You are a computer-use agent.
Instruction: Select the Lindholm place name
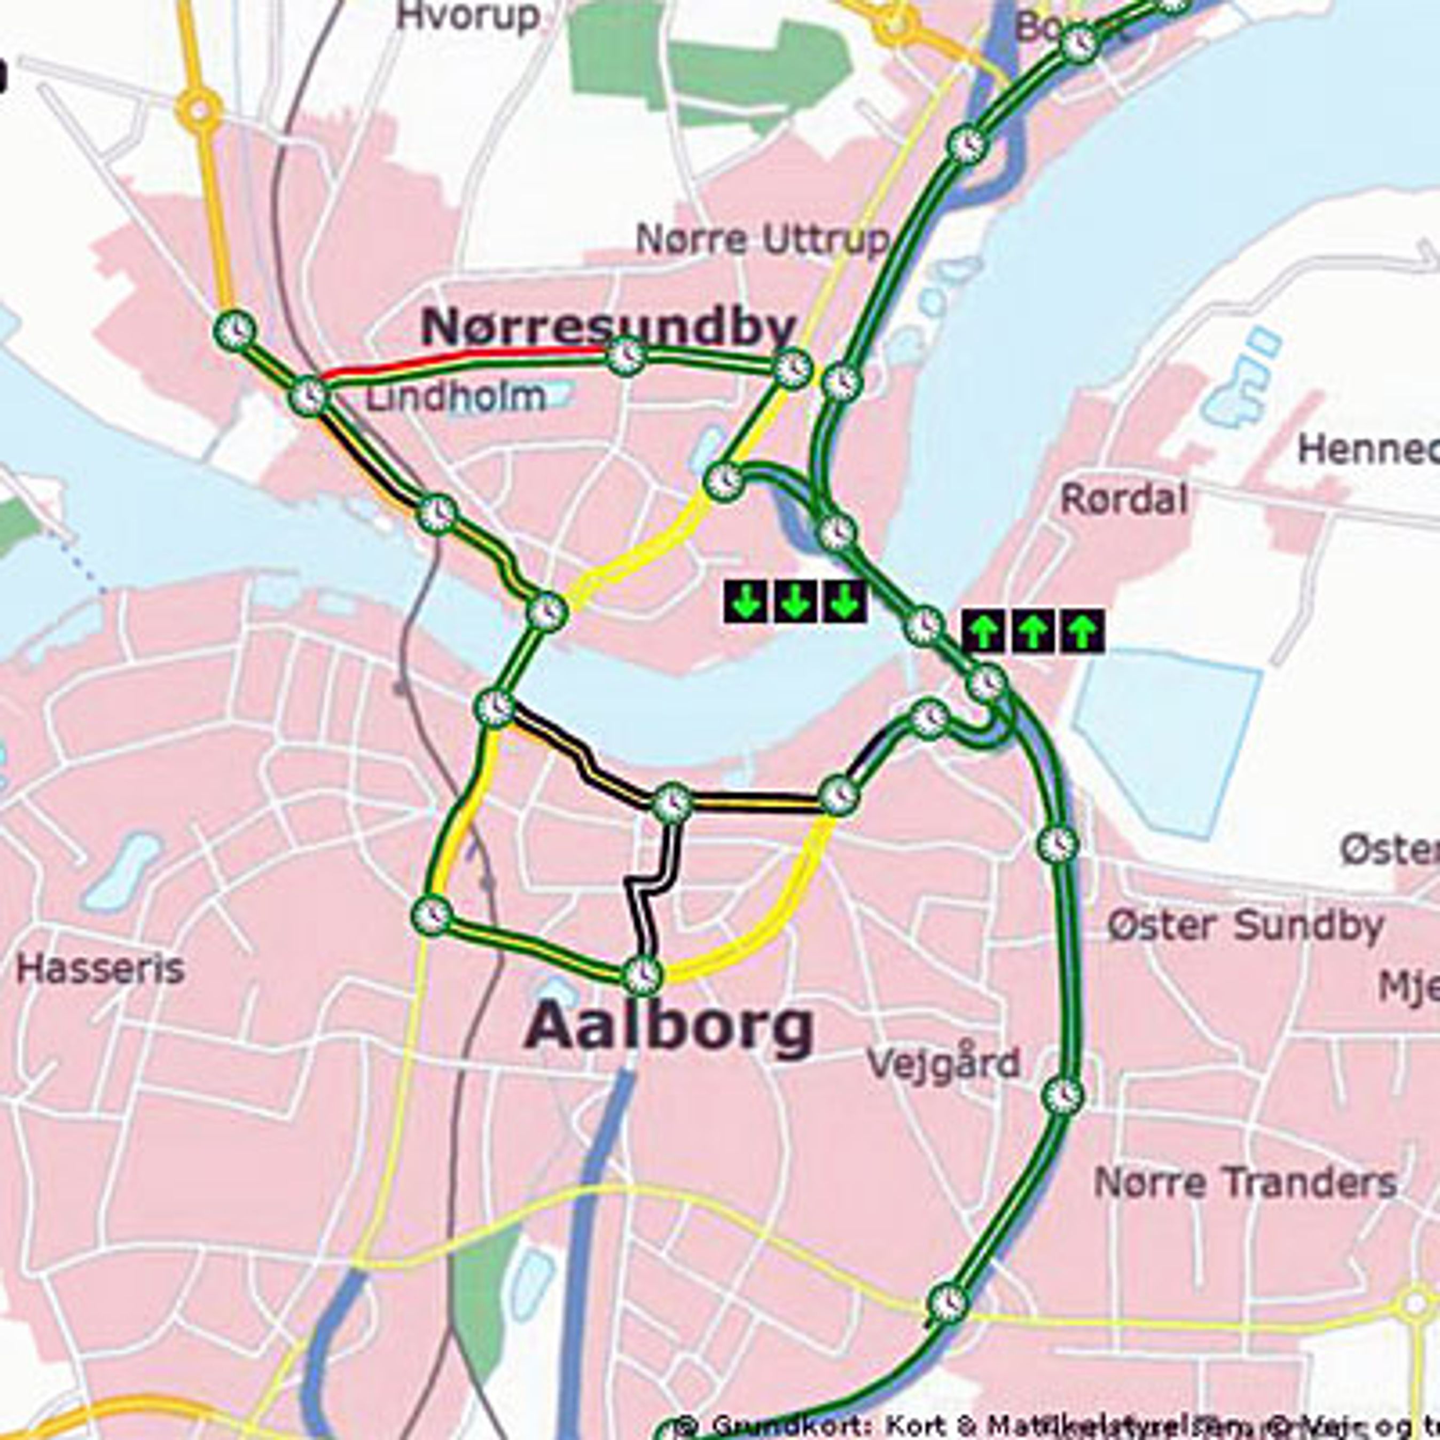(x=456, y=398)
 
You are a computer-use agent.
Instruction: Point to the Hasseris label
(x=100, y=969)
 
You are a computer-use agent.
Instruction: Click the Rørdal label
(x=1123, y=499)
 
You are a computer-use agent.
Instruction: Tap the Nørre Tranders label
(x=1245, y=1183)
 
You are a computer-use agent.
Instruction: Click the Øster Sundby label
(x=1245, y=927)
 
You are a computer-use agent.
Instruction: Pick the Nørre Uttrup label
(x=762, y=239)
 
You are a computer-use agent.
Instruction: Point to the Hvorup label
(x=467, y=17)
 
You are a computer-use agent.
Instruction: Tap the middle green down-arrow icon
(x=795, y=601)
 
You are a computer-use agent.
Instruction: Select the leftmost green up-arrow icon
(x=984, y=631)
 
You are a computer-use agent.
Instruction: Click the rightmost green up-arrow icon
(x=1082, y=631)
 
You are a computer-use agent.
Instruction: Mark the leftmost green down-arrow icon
(x=745, y=601)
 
